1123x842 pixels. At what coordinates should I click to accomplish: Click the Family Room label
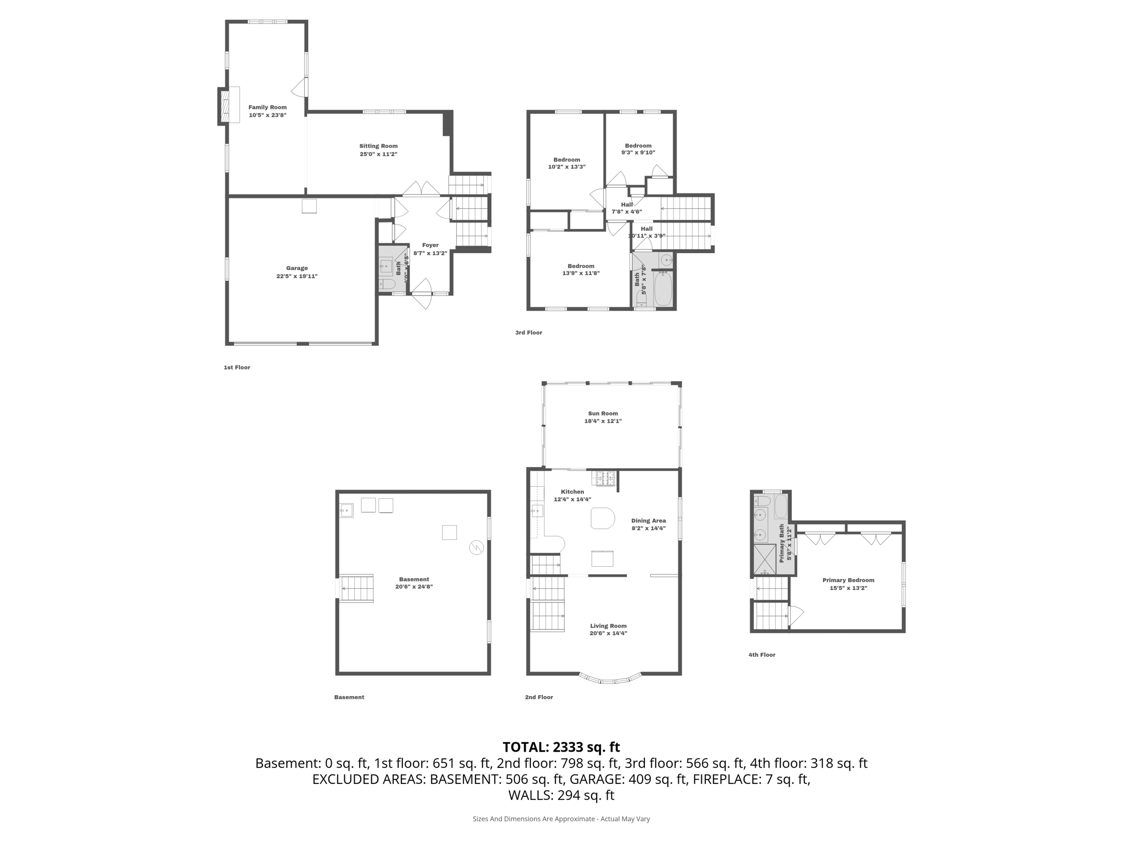268,107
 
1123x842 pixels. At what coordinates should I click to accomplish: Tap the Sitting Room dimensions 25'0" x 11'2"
378,154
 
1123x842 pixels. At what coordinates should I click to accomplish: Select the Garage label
297,268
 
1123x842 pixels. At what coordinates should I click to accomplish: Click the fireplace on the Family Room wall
224,106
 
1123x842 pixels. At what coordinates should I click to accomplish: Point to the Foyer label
430,245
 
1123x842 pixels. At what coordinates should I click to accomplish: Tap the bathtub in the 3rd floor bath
662,288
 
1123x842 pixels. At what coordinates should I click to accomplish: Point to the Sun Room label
603,413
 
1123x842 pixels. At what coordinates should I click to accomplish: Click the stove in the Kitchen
604,479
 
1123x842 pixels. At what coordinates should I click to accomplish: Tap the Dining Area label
648,521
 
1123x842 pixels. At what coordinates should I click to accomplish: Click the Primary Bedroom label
848,580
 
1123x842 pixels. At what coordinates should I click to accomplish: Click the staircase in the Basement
356,588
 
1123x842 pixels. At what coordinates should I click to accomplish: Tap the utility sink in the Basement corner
347,511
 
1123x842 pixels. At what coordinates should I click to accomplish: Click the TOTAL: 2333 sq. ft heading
561,747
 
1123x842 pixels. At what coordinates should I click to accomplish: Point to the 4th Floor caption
762,655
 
